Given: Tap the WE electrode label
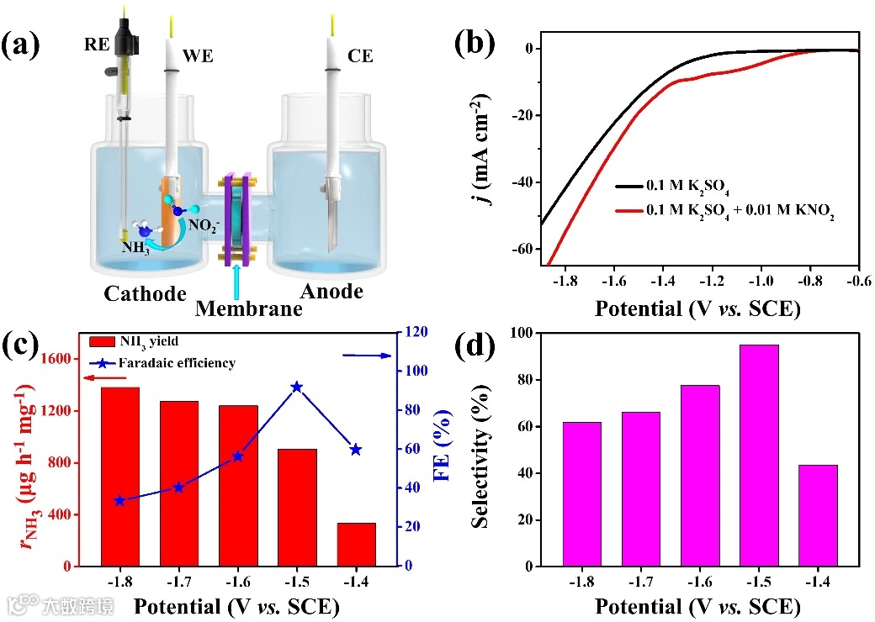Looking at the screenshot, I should (x=200, y=56).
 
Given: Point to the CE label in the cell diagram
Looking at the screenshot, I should (x=360, y=56).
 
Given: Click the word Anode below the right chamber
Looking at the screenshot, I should (x=334, y=292).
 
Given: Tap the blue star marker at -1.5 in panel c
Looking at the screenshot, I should (x=296, y=387).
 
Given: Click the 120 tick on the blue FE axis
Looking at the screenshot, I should (x=414, y=332).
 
